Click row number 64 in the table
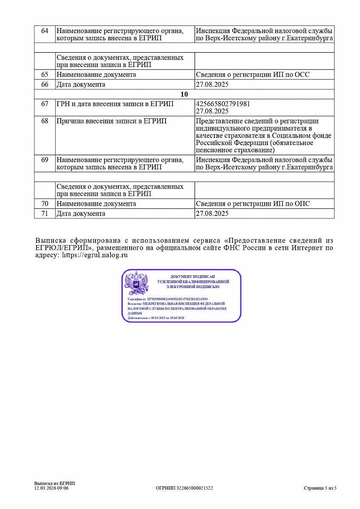[x=45, y=31]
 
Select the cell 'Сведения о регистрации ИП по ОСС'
[x=253, y=75]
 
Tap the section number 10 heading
[x=184, y=95]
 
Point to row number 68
[x=45, y=121]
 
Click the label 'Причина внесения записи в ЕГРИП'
[x=111, y=121]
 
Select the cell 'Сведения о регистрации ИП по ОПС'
[x=253, y=204]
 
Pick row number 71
[x=45, y=214]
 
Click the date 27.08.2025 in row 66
[x=212, y=84]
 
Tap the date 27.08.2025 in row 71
[x=212, y=214]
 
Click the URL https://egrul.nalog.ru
[x=95, y=255]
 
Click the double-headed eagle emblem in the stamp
[x=136, y=283]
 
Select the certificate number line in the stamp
[x=167, y=299]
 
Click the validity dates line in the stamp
[x=156, y=318]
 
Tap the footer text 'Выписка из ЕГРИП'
[x=54, y=484]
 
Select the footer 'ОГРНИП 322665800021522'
[x=184, y=488]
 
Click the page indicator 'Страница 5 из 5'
[x=320, y=488]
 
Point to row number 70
[x=45, y=204]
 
